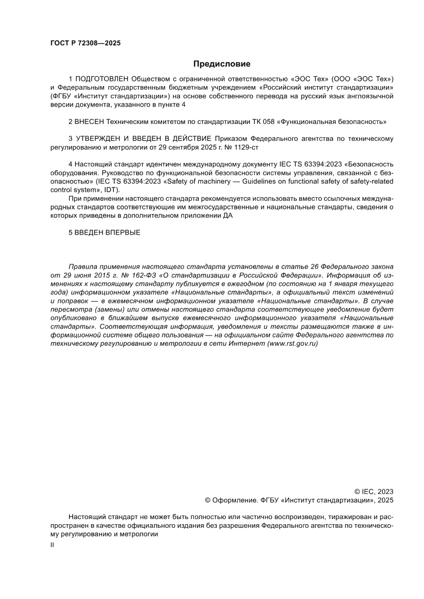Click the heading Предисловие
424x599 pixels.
click(221, 64)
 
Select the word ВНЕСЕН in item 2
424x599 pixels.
click(88, 122)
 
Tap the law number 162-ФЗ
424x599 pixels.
click(131, 275)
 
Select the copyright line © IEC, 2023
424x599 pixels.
click(374, 491)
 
